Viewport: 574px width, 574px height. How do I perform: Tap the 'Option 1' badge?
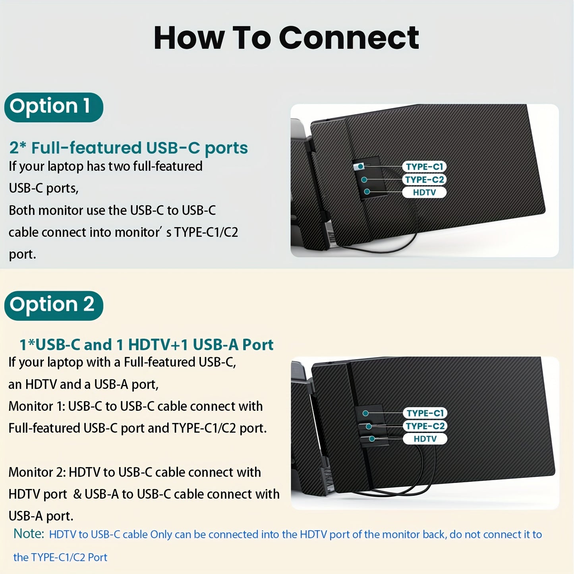(x=54, y=107)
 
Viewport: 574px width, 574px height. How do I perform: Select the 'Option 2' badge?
(x=54, y=305)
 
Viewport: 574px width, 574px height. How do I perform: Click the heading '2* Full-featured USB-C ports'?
(x=128, y=148)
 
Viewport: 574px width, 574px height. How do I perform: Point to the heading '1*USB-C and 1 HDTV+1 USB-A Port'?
(x=146, y=345)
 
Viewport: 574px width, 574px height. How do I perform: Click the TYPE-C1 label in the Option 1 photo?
(x=424, y=166)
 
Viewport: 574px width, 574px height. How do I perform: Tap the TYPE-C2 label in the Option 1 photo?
(x=424, y=180)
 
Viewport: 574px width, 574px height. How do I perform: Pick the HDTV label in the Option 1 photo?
(x=424, y=192)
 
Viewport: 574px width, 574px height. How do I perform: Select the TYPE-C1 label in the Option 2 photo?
(x=425, y=413)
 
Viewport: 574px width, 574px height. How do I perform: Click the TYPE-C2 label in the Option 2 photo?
(x=425, y=426)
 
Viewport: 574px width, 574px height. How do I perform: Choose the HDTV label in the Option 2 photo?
(x=425, y=439)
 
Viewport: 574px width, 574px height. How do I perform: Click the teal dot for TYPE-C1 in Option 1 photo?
(x=361, y=166)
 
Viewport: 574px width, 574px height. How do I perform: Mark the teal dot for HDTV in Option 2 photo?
(x=372, y=439)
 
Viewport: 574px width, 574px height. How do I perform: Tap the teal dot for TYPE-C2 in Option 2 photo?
(x=369, y=426)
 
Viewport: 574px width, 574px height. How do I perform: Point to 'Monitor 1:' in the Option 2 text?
(x=37, y=406)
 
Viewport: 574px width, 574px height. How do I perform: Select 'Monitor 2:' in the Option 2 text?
(x=37, y=472)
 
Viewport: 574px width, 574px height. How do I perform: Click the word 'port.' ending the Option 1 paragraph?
(x=22, y=255)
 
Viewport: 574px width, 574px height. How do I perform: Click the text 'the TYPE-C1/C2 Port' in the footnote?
(x=60, y=557)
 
